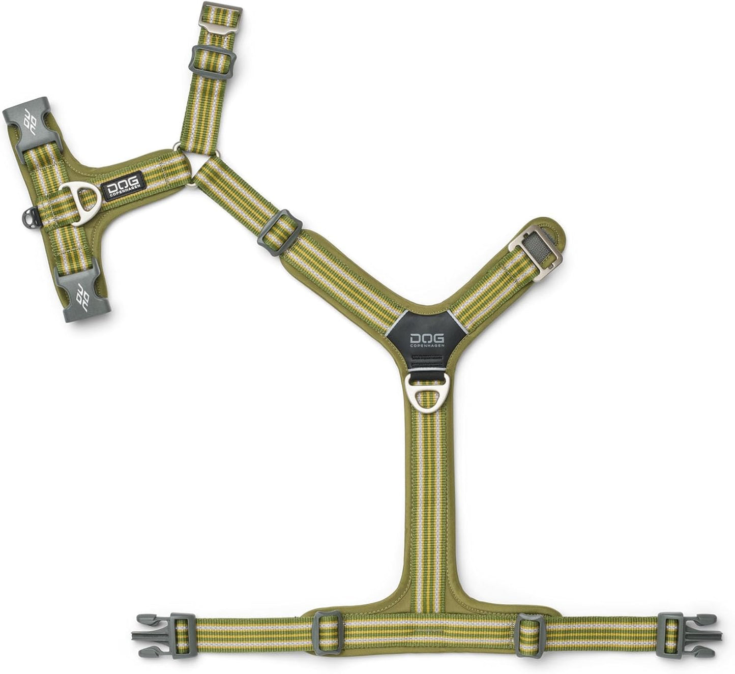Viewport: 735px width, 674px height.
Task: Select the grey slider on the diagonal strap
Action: click(x=280, y=232)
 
